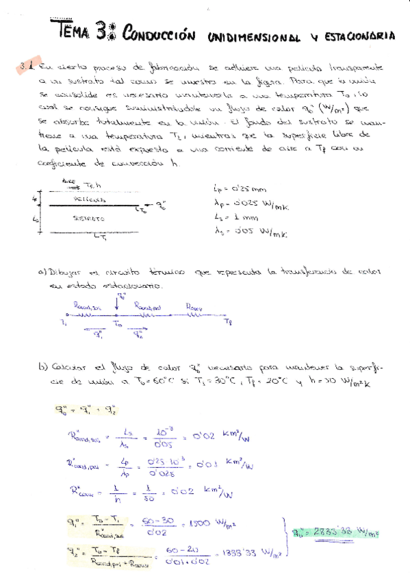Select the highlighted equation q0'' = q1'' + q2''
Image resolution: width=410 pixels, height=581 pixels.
84,410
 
